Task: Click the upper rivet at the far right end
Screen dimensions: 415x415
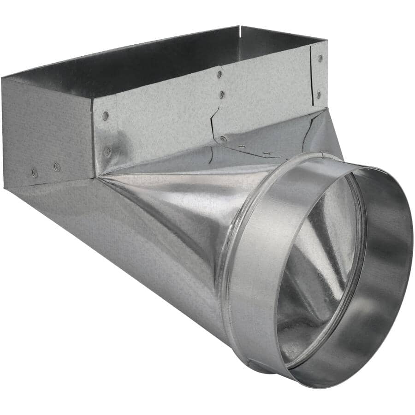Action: coord(320,59)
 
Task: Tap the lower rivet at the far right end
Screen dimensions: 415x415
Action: coord(319,95)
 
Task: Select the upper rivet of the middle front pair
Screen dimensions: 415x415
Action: coord(219,74)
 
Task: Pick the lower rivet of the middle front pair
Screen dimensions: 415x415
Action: coord(222,95)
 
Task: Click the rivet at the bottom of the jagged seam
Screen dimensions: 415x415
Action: coord(223,138)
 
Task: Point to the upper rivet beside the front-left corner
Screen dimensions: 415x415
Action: coord(106,115)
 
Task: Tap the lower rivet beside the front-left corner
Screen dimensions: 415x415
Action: coord(107,150)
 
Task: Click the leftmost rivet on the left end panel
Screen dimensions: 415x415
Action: coord(35,173)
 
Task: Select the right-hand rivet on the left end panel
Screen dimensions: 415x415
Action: coord(57,166)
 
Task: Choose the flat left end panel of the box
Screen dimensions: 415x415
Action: coord(46,134)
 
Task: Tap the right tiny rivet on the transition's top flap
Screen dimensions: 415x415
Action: coord(267,152)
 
